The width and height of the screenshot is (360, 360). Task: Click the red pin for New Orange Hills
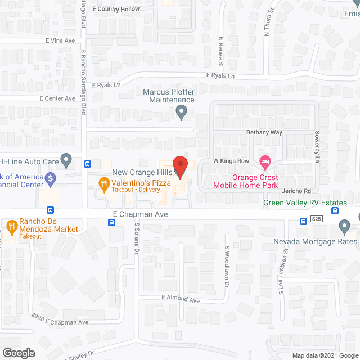click(x=179, y=166)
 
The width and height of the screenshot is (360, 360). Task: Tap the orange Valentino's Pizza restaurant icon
click(x=103, y=183)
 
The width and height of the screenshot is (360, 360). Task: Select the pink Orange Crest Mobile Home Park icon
click(x=265, y=163)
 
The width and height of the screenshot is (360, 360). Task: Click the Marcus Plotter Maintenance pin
click(x=181, y=114)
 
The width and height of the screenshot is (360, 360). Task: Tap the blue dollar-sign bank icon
click(x=51, y=179)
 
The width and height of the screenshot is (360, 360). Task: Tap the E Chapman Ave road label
click(x=140, y=214)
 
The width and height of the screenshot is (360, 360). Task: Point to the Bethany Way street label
click(x=264, y=133)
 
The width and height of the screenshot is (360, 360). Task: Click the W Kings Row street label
click(x=231, y=161)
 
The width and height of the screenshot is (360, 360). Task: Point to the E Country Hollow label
click(x=116, y=10)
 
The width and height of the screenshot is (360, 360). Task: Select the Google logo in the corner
click(x=18, y=353)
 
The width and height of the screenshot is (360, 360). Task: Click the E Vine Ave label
click(x=60, y=41)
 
